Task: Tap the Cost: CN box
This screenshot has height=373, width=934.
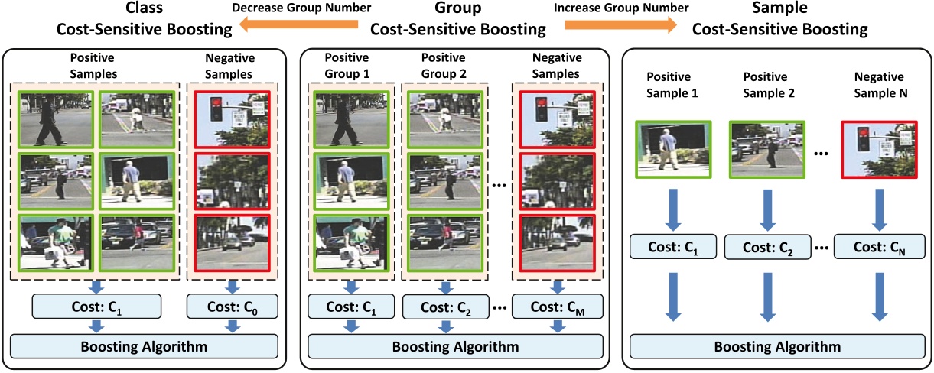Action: click(880, 246)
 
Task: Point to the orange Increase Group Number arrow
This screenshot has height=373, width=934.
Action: click(620, 24)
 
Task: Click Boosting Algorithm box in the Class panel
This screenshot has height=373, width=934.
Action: click(143, 345)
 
